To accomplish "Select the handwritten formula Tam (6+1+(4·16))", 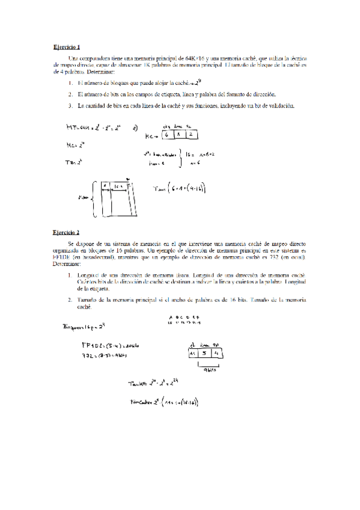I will coord(180,189).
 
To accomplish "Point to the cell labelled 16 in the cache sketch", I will coord(118,187).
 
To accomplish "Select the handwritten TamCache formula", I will coord(165,402).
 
